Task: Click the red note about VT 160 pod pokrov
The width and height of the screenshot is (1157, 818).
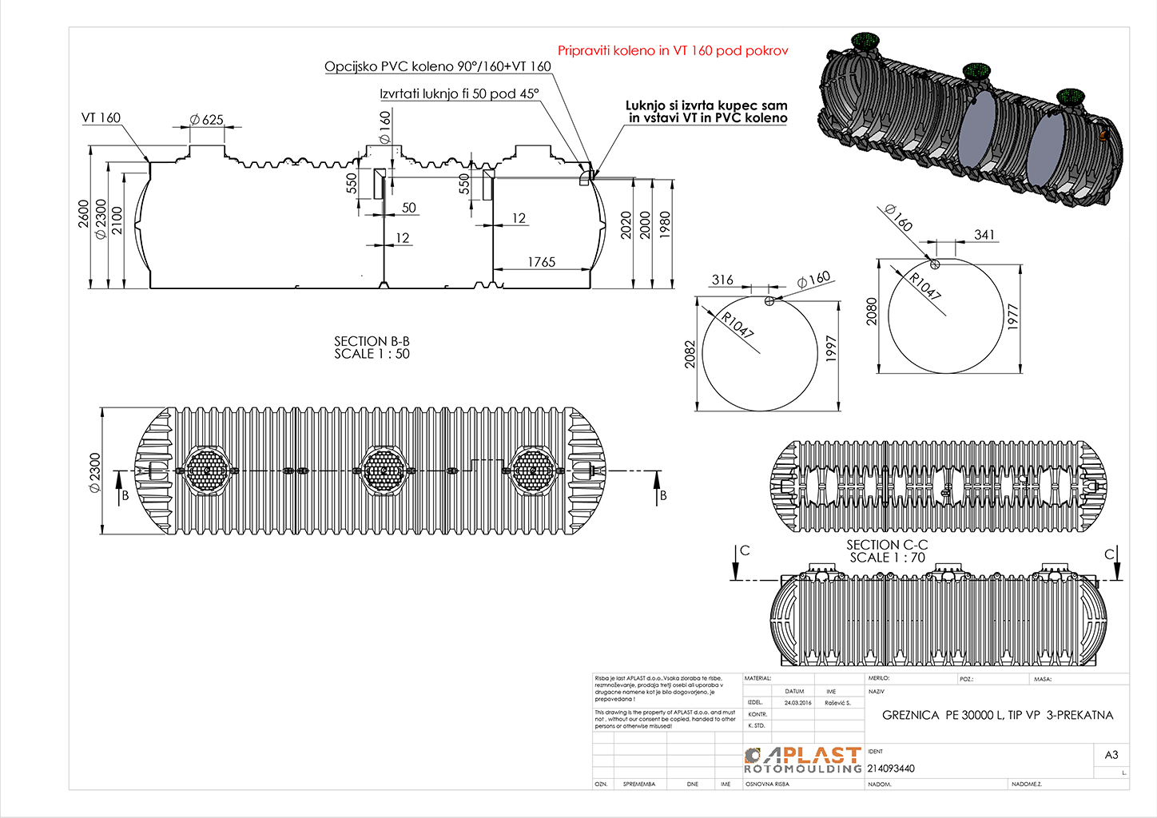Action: coord(672,50)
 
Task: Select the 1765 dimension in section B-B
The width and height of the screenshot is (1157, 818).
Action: coord(541,262)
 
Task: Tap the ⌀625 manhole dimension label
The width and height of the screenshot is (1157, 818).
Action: coord(206,120)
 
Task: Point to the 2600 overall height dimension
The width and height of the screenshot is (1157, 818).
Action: coord(84,213)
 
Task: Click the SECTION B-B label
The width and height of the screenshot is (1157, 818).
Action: coord(372,341)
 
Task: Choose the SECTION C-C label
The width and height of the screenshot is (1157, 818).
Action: coord(887,545)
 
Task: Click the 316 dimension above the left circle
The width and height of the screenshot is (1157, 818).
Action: coord(722,280)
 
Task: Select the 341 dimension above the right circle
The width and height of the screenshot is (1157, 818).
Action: coord(984,235)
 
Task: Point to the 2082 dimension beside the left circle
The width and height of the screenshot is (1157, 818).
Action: coord(690,354)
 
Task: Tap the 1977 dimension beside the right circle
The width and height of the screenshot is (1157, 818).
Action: coord(1013,317)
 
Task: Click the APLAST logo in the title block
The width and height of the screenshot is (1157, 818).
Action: coord(803,760)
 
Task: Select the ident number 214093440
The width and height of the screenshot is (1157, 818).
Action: coord(891,768)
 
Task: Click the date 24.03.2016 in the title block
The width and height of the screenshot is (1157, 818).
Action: coord(797,703)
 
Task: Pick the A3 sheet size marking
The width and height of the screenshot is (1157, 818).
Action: coord(1111,755)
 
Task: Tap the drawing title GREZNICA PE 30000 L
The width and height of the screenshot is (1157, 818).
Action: coord(997,715)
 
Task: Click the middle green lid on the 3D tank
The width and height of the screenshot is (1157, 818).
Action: coord(976,72)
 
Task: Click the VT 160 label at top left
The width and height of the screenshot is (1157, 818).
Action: coord(101,118)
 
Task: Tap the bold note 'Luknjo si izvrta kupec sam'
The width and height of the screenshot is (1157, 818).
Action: coord(706,105)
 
